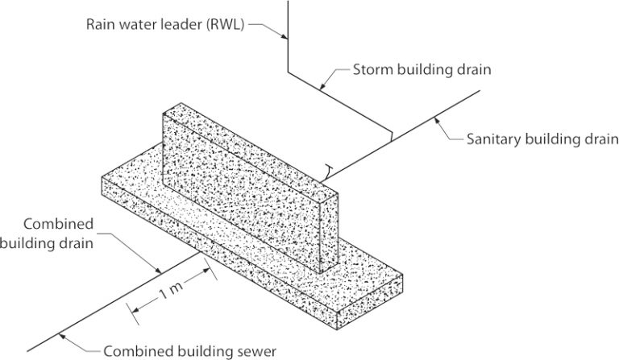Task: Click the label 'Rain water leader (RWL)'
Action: [x=166, y=23]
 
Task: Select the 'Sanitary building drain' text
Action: [x=535, y=138]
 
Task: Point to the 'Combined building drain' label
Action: [x=59, y=233]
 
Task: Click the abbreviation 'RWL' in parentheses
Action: [x=220, y=23]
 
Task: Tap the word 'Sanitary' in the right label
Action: [x=491, y=138]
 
